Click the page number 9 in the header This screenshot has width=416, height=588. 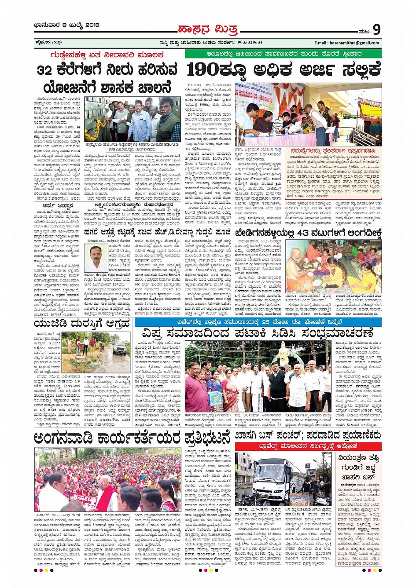click(x=376, y=29)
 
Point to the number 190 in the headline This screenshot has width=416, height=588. click(x=203, y=69)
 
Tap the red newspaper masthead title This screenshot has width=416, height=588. click(x=207, y=30)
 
